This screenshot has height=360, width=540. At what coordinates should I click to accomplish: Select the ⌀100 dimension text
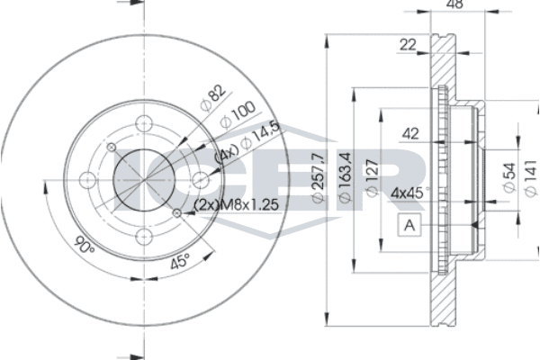pyautogui.click(x=238, y=114)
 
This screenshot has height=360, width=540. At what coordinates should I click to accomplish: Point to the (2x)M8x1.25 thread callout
pyautogui.click(x=236, y=205)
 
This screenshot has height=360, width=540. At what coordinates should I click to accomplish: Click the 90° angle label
pyautogui.click(x=85, y=246)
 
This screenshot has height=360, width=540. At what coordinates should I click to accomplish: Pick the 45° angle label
pyautogui.click(x=181, y=261)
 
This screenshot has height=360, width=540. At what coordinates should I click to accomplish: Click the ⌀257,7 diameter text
pyautogui.click(x=318, y=177)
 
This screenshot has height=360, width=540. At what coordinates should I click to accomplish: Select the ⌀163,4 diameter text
pyautogui.click(x=345, y=177)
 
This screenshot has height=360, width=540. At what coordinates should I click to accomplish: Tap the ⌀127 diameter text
pyautogui.click(x=372, y=178)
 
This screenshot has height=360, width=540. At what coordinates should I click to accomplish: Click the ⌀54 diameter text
pyautogui.click(x=508, y=178)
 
